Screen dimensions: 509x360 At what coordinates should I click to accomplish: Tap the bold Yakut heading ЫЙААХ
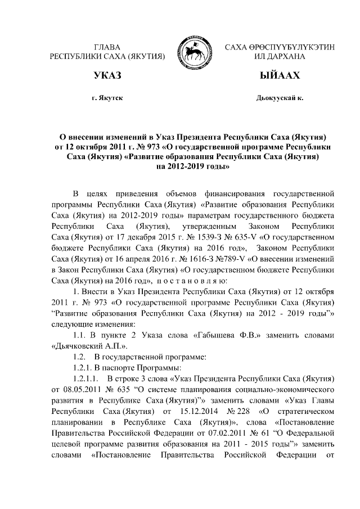280,76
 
